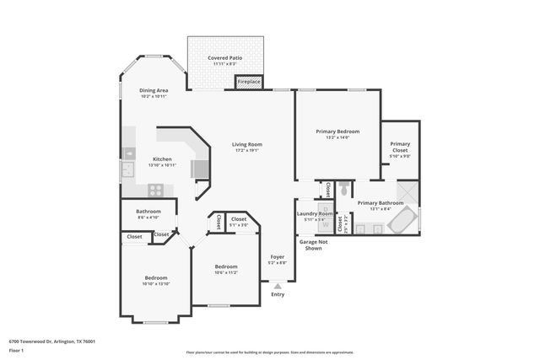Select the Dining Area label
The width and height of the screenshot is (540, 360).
pos(154,90)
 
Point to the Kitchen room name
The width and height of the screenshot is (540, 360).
pos(162,159)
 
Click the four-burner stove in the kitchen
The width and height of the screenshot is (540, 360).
pos(155,190)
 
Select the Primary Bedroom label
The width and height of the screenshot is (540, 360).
pos(337,132)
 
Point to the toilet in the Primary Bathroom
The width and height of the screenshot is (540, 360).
pos(344,190)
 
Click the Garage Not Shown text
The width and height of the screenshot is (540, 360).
pos(311,245)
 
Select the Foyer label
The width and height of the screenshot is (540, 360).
pos(278,256)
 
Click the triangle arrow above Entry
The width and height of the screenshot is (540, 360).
pos(278,287)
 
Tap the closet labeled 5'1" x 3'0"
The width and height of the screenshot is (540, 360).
pos(239,222)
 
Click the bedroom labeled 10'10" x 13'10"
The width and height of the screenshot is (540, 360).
pos(155,281)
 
